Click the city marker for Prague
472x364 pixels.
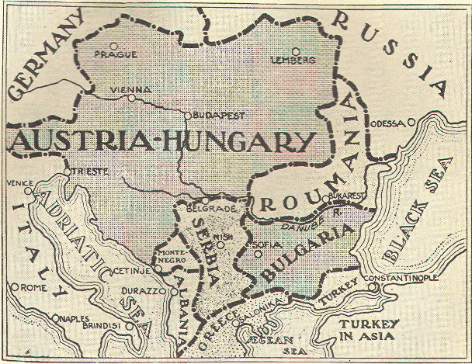coord(114,43)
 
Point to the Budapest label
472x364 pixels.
coord(218,114)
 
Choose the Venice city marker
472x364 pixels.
coord(29,191)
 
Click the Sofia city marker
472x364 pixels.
coord(250,251)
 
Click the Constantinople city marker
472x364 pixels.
coord(375,286)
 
